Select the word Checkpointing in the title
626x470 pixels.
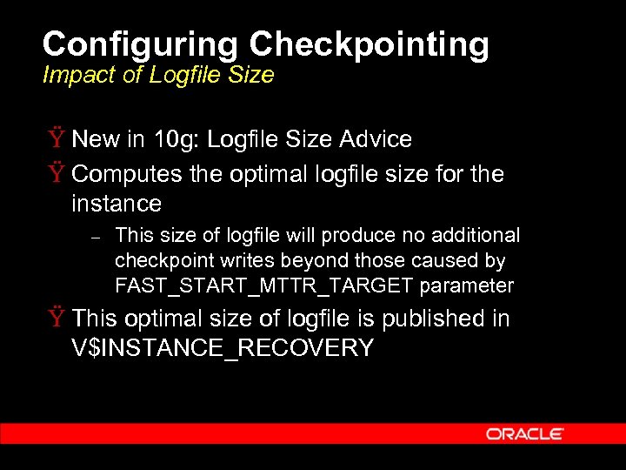click(x=370, y=44)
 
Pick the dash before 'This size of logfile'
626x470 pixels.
click(x=97, y=237)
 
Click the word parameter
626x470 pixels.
click(x=467, y=286)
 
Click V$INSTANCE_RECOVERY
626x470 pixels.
click(x=223, y=349)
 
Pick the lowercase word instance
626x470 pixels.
click(x=117, y=205)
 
